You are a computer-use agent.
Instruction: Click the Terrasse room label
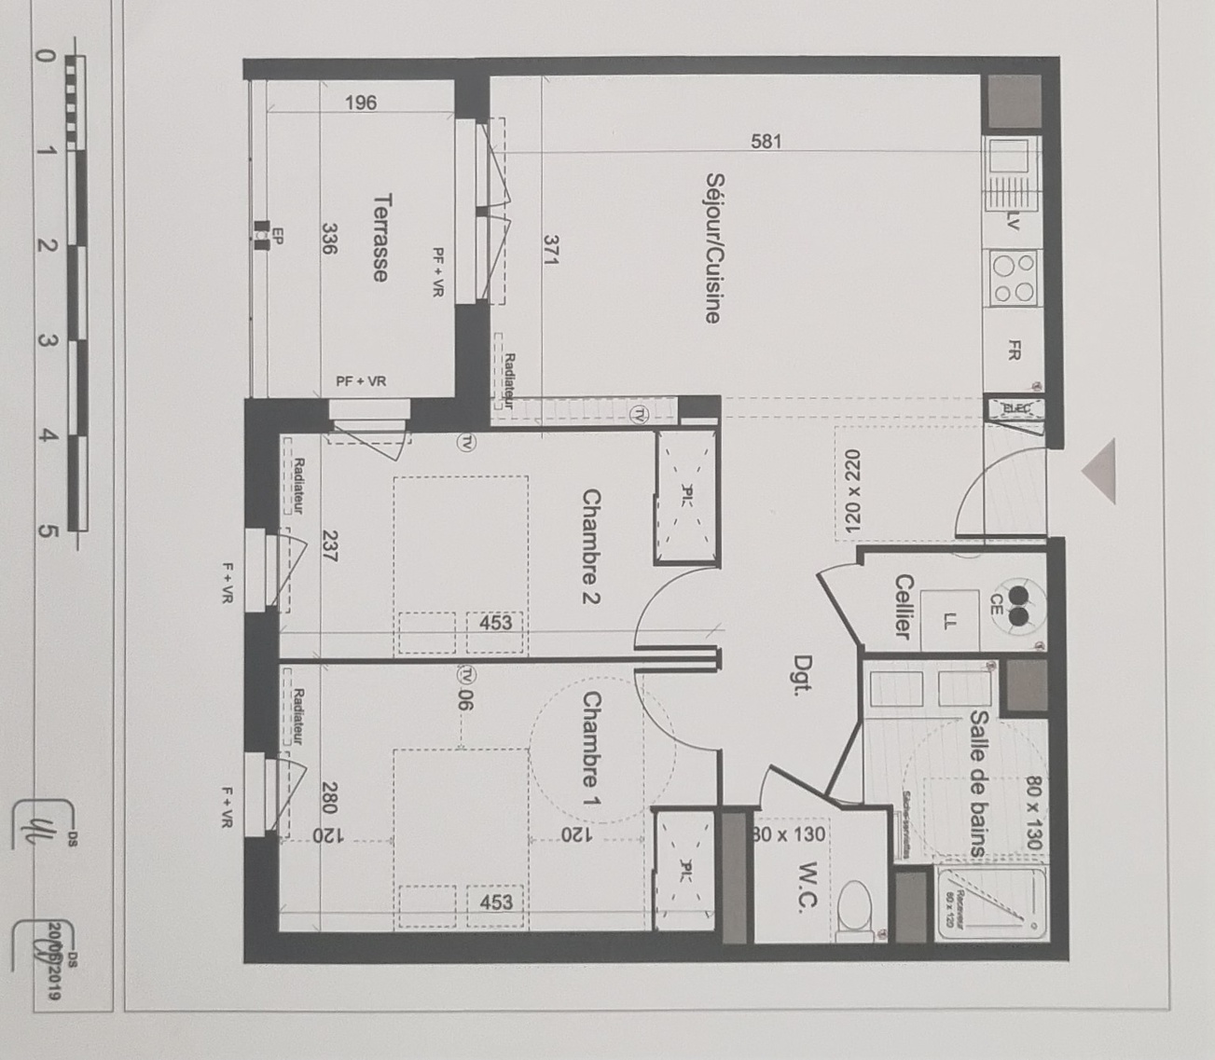(380, 237)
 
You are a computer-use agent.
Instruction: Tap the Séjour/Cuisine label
(713, 248)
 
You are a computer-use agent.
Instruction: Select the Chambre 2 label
(590, 546)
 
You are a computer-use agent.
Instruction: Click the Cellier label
(903, 606)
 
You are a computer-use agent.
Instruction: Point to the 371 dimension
(550, 251)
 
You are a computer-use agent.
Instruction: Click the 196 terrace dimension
(361, 103)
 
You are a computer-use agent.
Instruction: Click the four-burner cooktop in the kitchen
(1014, 278)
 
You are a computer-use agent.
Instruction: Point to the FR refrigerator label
(1015, 351)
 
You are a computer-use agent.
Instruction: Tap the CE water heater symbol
(1018, 603)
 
